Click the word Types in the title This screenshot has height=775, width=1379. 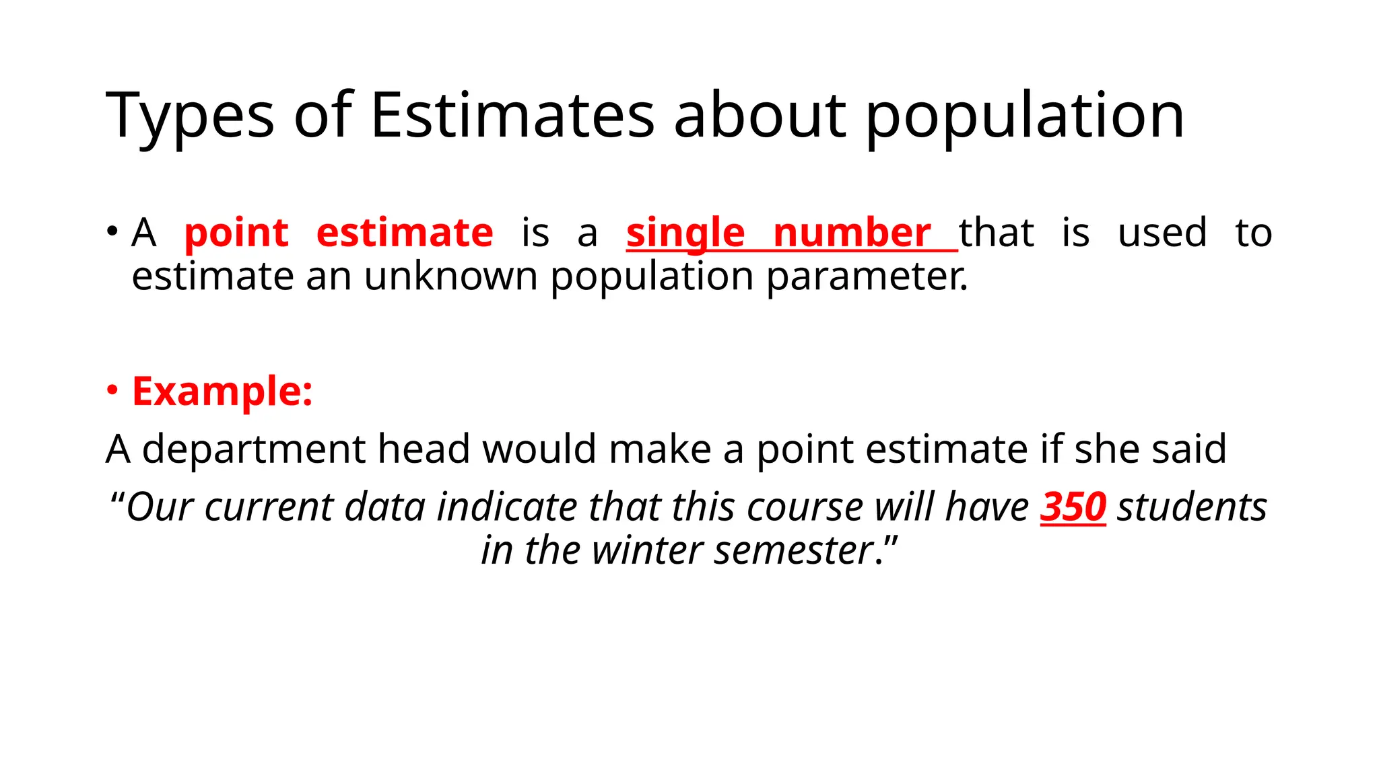click(x=190, y=116)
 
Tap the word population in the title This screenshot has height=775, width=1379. click(x=1024, y=116)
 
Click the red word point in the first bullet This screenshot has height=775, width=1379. click(x=236, y=233)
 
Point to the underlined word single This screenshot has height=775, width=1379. click(x=685, y=233)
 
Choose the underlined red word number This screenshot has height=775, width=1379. click(x=852, y=233)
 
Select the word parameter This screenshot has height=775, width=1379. click(x=867, y=276)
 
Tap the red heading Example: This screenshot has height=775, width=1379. click(x=223, y=391)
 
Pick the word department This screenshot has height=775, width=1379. click(x=254, y=449)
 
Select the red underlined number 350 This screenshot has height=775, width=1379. click(x=1073, y=507)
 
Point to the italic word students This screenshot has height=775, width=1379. click(x=1192, y=507)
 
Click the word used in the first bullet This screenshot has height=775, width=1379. click(x=1162, y=233)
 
